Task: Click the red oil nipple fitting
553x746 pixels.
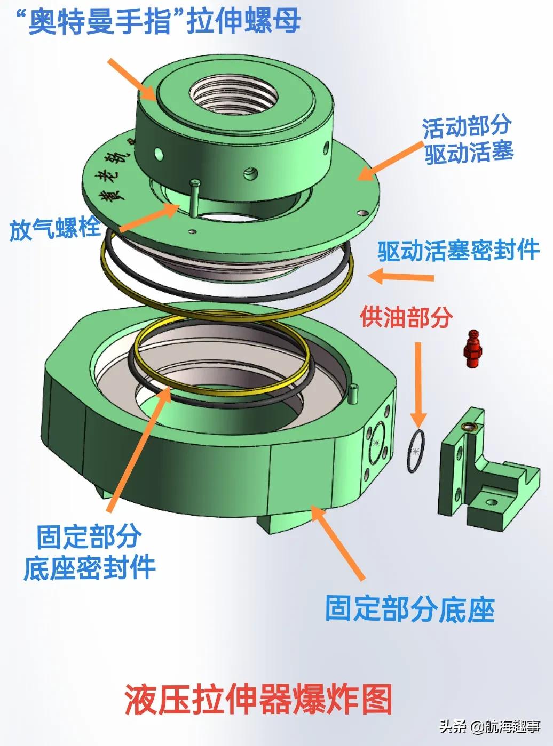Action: (x=473, y=348)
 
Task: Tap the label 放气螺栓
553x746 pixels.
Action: (x=56, y=229)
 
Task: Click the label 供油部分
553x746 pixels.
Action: (x=407, y=317)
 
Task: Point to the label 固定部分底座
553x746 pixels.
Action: (x=410, y=609)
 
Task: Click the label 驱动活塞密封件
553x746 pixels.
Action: (x=458, y=251)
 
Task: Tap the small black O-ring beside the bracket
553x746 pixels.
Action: (x=416, y=451)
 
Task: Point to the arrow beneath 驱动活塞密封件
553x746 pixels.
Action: (x=401, y=276)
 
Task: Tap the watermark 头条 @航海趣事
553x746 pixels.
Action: (x=489, y=727)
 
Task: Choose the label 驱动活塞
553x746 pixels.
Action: (x=469, y=153)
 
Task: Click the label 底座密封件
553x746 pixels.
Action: (x=89, y=568)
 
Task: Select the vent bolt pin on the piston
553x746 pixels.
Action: (x=194, y=198)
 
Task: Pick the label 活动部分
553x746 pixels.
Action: (x=467, y=127)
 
